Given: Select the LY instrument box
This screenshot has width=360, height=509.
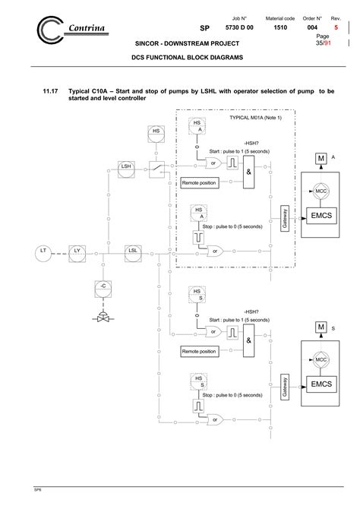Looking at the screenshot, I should coord(77,250).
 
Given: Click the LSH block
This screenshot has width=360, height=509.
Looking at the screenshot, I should coord(126,165).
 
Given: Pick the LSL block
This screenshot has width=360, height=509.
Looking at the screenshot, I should coord(132,250).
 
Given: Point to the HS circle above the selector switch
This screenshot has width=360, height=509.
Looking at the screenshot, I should coord(156,131).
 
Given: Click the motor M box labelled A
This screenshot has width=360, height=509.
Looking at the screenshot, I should coord(322,158).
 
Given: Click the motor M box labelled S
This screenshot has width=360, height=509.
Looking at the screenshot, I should coord(322,327).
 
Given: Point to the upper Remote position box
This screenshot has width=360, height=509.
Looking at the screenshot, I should coord(199,183).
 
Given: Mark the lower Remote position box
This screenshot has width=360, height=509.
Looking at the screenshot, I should coord(199,352).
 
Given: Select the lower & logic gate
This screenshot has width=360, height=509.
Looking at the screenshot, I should coord(248,343).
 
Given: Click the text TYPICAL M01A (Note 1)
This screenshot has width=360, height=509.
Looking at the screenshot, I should coord(255,118).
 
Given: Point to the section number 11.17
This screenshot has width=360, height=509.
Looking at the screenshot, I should coord(50,90).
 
